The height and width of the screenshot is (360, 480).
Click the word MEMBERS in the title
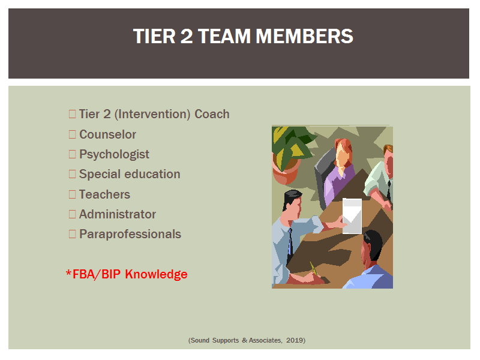304,36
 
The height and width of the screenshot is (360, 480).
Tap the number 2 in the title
187,36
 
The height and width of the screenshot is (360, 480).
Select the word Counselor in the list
108,134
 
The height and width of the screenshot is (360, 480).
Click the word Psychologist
114,155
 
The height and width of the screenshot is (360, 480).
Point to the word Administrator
118,214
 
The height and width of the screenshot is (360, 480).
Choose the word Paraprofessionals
130,234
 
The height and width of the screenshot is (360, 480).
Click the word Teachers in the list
104,194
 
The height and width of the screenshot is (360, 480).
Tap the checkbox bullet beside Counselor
72,134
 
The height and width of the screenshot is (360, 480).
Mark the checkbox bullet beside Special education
72,174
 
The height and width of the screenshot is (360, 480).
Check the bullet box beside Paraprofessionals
72,234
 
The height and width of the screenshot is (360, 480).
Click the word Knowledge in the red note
156,274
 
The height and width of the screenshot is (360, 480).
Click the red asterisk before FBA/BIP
68,272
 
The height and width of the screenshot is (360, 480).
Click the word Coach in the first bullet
212,114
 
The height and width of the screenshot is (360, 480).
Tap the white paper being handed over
352,216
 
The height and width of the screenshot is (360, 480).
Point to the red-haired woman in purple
339,172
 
